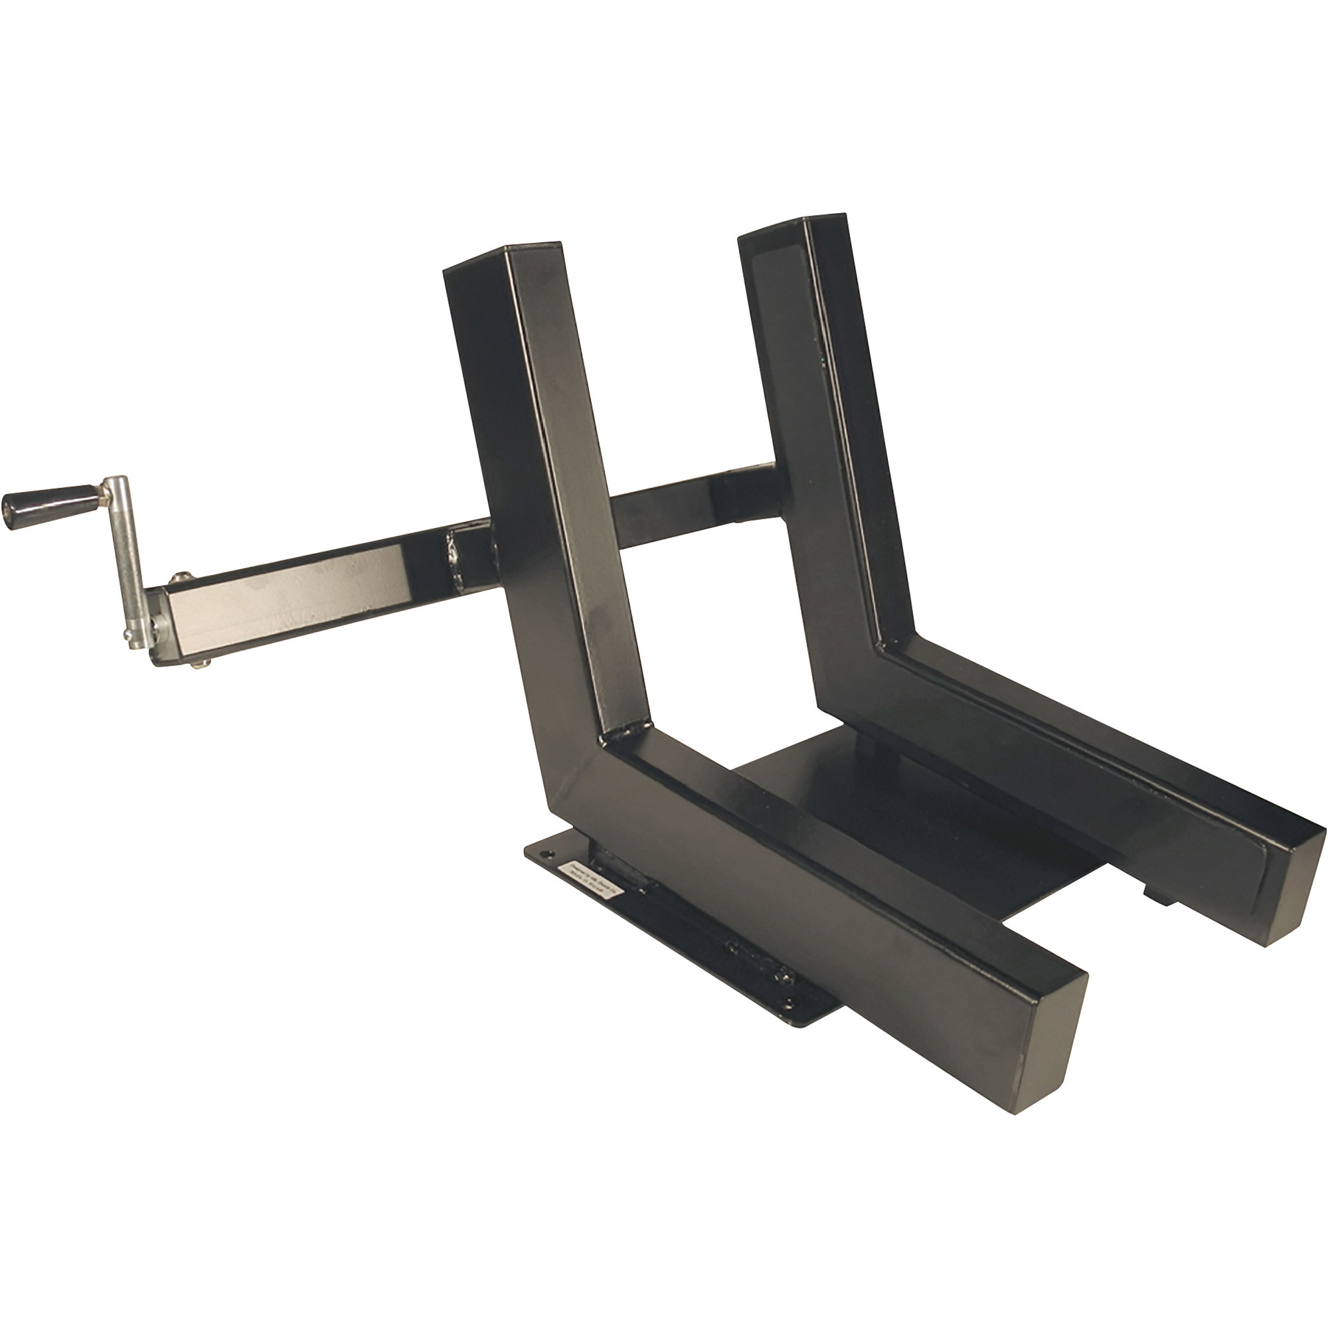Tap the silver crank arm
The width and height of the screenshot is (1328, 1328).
tap(128, 557)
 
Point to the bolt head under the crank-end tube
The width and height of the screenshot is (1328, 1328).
tap(200, 663)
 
